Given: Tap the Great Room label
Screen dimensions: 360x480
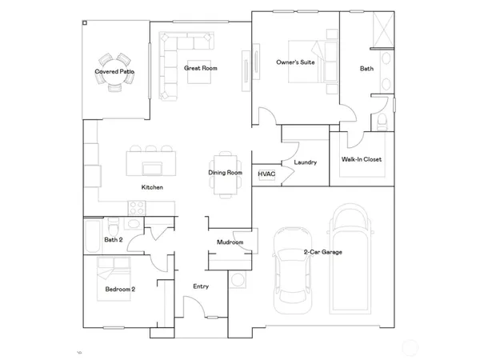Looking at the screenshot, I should click(x=201, y=68).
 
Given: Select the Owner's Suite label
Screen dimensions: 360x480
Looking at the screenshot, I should click(x=294, y=62).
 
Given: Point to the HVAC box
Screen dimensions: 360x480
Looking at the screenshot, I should click(x=266, y=174).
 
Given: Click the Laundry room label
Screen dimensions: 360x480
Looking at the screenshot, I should click(x=306, y=162).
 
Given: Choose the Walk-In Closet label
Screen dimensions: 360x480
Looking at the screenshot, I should click(x=362, y=159).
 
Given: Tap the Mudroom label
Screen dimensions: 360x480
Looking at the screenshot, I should click(x=230, y=242).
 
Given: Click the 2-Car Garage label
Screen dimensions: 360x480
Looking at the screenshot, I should click(x=322, y=252).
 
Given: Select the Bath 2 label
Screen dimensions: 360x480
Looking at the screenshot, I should click(x=114, y=239).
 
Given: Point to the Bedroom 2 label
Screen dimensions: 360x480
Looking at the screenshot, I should click(x=120, y=290).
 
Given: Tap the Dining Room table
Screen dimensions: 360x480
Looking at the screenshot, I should click(x=226, y=173).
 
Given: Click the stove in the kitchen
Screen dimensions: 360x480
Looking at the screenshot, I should click(x=137, y=206).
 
